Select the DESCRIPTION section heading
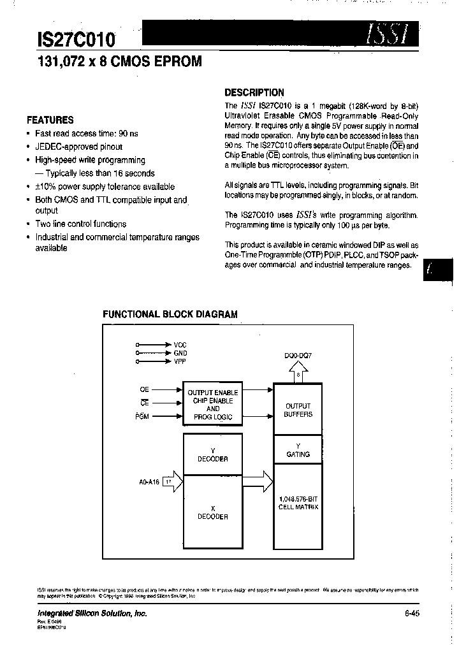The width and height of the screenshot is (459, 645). tap(254, 92)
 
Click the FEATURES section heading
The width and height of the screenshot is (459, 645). tap(50, 120)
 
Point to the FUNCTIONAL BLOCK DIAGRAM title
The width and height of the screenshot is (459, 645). tap(171, 314)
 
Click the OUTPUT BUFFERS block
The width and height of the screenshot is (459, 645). tap(298, 410)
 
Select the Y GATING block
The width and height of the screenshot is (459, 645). tap(298, 451)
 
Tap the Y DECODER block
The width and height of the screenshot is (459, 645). tap(213, 454)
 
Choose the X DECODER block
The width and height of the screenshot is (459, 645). tap(213, 512)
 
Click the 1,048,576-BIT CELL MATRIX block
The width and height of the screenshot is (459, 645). tap(298, 503)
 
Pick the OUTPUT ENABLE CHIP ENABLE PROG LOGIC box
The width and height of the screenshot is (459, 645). tap(213, 405)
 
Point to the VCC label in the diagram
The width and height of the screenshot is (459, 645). tap(180, 344)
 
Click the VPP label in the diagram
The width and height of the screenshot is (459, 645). tap(180, 361)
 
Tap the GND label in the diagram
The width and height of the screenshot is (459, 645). tap(180, 352)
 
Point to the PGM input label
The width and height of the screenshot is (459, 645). tap(142, 416)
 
